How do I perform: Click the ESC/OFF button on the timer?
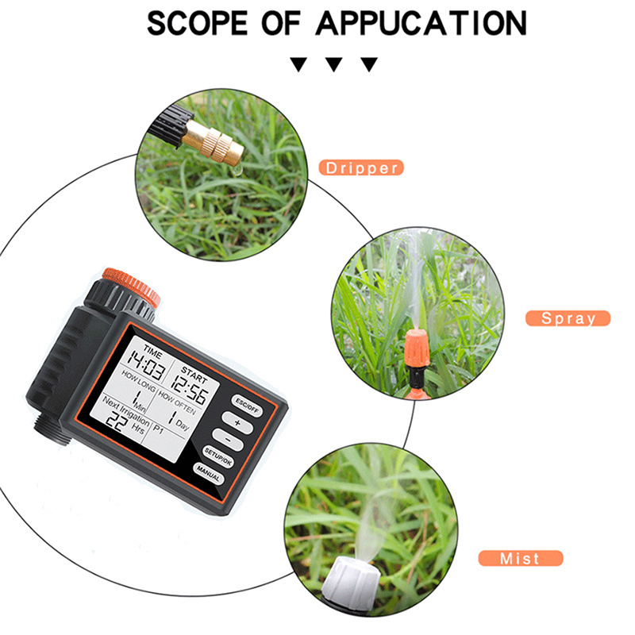[247, 406]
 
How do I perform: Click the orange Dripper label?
[361, 167]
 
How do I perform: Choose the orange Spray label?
[568, 318]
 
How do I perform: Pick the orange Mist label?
[521, 558]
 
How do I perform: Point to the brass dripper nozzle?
[213, 142]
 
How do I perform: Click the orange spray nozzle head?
[418, 348]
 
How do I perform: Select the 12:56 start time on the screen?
[190, 389]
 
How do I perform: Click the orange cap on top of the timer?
[131, 286]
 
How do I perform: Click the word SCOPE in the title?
[197, 23]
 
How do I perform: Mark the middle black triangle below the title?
[334, 64]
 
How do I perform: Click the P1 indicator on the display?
[158, 429]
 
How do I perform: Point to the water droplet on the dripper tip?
[237, 170]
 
